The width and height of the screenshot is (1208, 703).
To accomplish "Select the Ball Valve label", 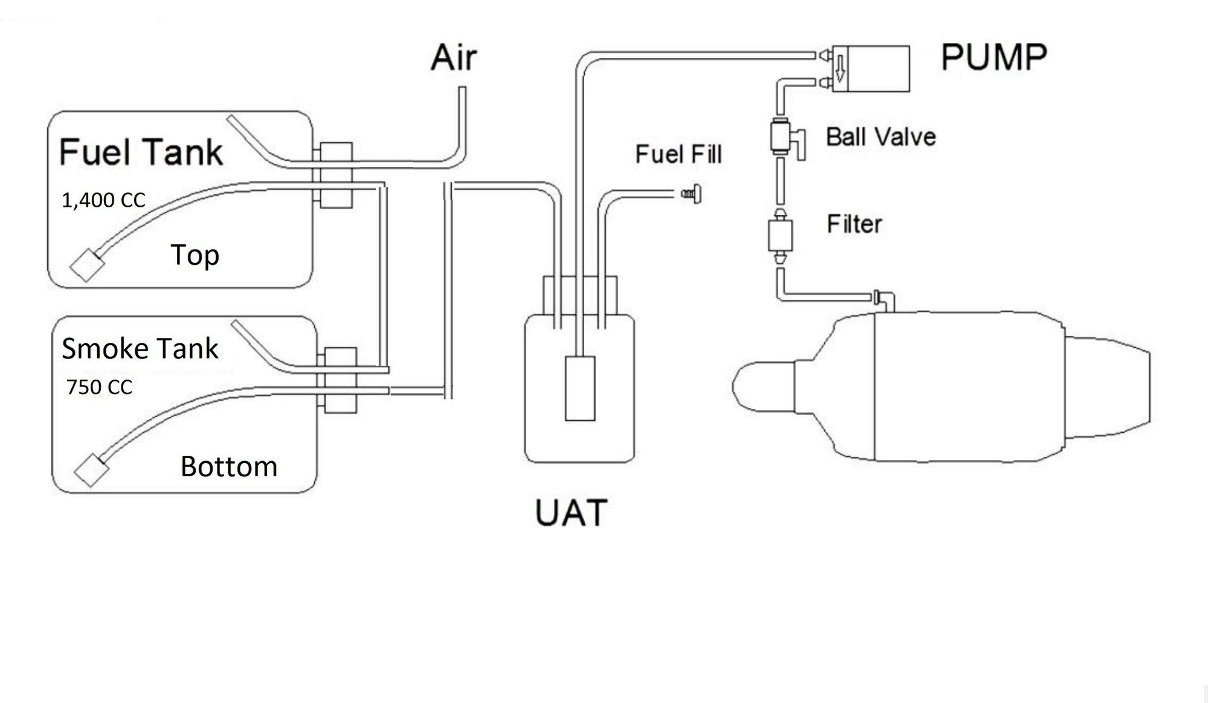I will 881,137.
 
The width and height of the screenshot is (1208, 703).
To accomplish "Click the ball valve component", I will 781,137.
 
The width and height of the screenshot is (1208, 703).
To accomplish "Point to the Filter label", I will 854,224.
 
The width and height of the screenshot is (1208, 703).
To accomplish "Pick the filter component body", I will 780,236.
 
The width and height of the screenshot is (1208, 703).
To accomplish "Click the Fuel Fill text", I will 678,154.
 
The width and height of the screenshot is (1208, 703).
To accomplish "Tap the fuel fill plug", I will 692,193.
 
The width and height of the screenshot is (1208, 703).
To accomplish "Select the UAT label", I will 571,513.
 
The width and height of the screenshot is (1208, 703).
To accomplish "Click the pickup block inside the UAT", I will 580,388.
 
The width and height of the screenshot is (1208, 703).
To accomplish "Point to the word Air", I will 454,57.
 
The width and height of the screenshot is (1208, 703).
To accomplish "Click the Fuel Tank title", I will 141,152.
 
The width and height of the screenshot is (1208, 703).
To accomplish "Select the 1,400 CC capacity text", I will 103,200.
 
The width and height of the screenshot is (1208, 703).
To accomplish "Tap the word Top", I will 194,255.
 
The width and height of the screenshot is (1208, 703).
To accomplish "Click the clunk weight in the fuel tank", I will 86,264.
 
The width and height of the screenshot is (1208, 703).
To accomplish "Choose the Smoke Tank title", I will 140,349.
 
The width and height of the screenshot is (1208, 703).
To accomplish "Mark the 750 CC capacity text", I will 99,387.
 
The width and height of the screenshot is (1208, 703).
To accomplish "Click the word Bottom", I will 229,467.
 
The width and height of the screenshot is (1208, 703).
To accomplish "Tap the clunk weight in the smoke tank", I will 91,470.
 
